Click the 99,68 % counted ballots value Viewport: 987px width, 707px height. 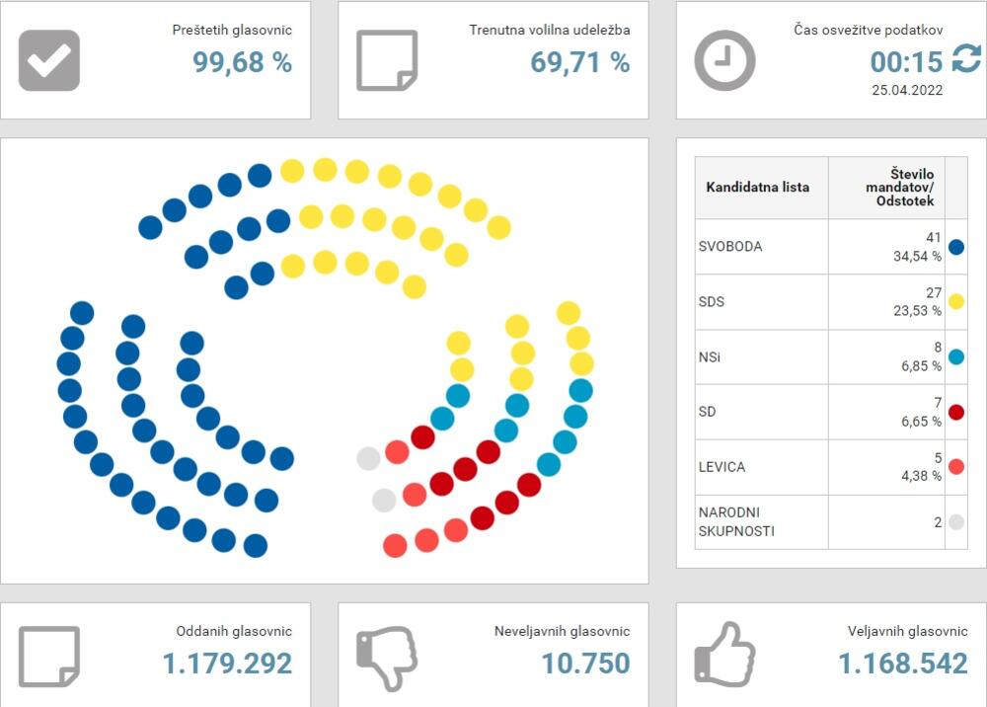click(242, 62)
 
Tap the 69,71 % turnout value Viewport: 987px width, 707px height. click(579, 62)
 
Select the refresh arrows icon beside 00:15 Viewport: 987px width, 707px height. click(965, 61)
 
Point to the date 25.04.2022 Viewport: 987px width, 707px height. click(907, 90)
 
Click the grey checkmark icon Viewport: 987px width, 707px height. click(49, 60)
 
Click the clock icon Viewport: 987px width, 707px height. click(724, 60)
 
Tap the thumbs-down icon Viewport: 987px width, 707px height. click(387, 658)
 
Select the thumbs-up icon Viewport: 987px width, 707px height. click(724, 655)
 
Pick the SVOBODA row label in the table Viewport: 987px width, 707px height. click(730, 247)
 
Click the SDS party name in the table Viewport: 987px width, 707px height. click(712, 301)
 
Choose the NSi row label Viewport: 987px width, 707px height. click(710, 356)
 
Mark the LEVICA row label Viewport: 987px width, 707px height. click(722, 466)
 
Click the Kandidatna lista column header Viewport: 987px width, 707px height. click(758, 187)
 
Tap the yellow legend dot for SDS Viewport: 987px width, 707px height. click(955, 301)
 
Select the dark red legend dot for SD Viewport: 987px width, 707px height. click(955, 412)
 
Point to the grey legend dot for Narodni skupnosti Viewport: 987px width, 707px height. click(955, 522)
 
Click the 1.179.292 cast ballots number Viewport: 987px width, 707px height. click(228, 664)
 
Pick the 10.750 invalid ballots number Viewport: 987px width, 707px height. click(586, 664)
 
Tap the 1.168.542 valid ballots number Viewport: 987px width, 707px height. click(903, 664)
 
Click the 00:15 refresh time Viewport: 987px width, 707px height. click(907, 62)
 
